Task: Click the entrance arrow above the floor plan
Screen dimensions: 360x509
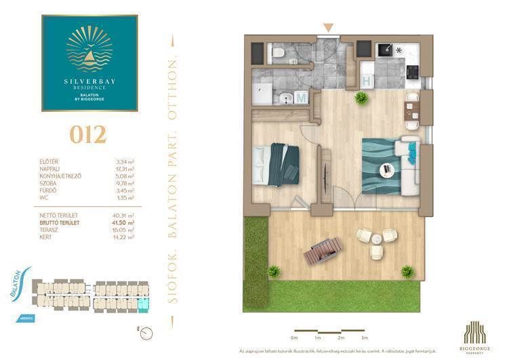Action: [x=328, y=28]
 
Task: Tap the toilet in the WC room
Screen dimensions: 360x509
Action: [x=278, y=52]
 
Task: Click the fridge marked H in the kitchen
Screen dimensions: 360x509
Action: [x=367, y=81]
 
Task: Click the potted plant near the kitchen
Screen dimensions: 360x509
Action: [x=361, y=99]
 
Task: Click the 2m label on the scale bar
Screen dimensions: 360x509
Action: [x=341, y=337]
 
